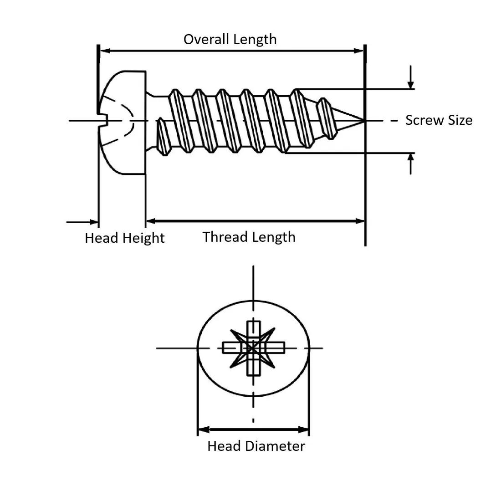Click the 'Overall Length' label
[230, 39]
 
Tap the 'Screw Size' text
[439, 120]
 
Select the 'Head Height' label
[124, 238]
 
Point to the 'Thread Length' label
[249, 237]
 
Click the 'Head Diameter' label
[256, 446]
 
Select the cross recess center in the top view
[253, 348]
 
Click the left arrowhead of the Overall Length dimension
[104, 51]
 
